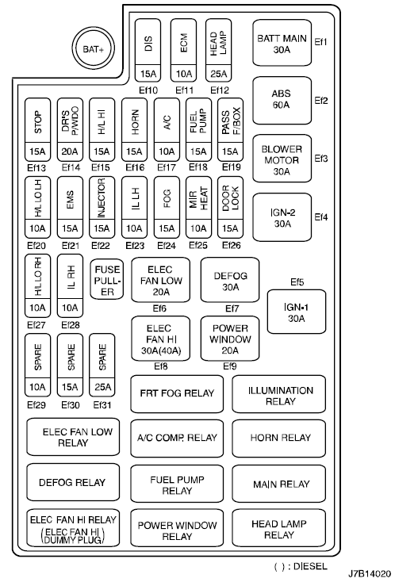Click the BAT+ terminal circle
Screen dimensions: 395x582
point(93,49)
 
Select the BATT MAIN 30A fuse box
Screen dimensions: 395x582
point(282,44)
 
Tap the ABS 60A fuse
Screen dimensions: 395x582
point(282,100)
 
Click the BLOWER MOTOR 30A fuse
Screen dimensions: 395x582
point(282,159)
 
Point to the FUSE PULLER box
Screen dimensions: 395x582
point(107,279)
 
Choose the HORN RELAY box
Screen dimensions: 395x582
point(279,438)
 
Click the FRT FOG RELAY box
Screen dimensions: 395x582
point(177,394)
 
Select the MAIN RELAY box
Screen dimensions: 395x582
point(279,484)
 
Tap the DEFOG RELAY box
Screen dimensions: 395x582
point(73,482)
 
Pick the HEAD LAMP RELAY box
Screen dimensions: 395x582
point(279,529)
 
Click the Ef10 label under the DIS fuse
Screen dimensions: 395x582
point(148,90)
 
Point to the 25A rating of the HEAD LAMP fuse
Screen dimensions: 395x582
point(219,74)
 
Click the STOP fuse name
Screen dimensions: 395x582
point(38,122)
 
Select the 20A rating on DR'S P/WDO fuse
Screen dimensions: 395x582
point(70,151)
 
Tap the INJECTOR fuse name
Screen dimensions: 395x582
point(102,198)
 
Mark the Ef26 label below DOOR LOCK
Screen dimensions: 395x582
point(232,245)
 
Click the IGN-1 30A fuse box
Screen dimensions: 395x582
point(297,312)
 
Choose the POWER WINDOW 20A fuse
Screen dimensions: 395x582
point(230,339)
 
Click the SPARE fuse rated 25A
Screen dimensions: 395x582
point(102,366)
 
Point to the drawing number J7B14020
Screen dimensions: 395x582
point(369,573)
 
